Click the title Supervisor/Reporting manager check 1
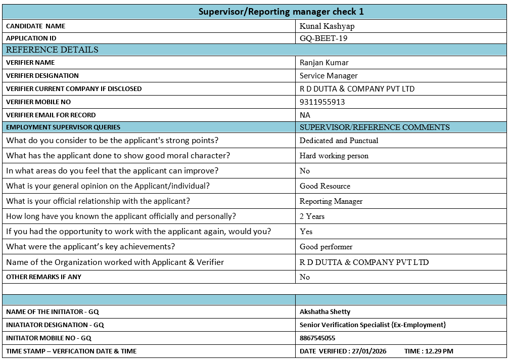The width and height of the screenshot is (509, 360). point(281,12)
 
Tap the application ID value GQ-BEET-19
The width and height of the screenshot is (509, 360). point(323,38)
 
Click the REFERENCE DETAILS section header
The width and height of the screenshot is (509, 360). point(52,50)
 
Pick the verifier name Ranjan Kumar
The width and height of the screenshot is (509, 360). point(324,63)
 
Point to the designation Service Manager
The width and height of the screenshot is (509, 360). point(329,76)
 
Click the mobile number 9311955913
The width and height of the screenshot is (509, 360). point(322,102)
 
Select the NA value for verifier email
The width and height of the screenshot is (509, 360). point(305,115)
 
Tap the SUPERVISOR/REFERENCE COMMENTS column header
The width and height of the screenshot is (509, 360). point(375,127)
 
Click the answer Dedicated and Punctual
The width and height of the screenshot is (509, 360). point(339,141)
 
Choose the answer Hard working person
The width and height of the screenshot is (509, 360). point(334,156)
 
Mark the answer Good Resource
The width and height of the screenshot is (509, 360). point(325,186)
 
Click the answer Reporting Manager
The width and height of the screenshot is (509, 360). point(331,201)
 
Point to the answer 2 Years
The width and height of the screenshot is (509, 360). point(312,216)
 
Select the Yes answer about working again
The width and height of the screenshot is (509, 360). point(306,232)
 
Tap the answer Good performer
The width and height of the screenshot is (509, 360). point(326,247)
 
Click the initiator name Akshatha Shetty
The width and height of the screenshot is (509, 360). point(325,312)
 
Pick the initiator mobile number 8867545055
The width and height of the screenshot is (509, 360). point(317,338)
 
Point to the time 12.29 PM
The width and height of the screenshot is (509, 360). point(439,351)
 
